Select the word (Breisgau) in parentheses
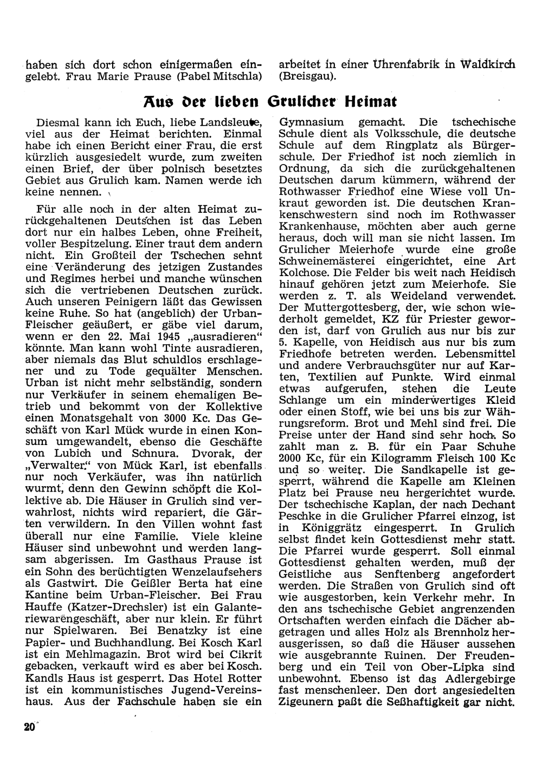pyautogui.click(x=307, y=76)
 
